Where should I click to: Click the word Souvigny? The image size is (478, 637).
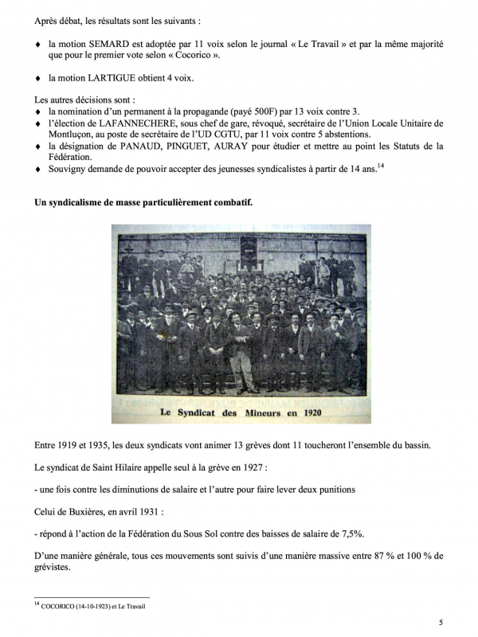click(x=69, y=170)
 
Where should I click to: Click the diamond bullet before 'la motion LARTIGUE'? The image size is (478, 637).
click(x=37, y=78)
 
